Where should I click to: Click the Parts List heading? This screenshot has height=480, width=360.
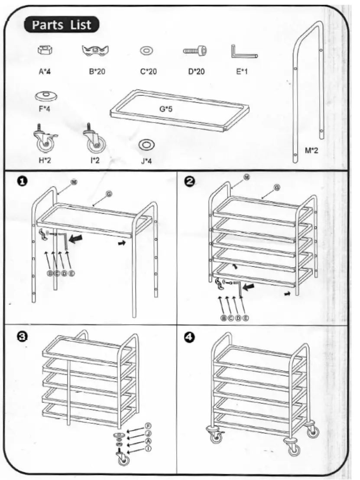(61, 25)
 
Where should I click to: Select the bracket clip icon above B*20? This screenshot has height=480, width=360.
(95, 52)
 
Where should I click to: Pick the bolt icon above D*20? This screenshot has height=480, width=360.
(195, 51)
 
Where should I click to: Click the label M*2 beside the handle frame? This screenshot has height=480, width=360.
(311, 151)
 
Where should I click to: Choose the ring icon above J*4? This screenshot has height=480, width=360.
(146, 145)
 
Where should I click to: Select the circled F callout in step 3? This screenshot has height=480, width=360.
(148, 425)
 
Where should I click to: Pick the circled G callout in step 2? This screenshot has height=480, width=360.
(277, 188)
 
